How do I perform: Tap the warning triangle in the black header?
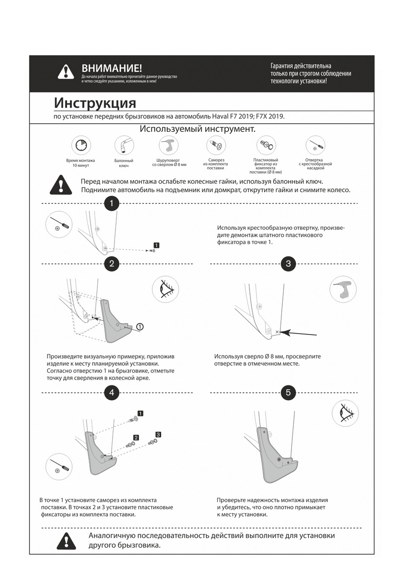point(66,71)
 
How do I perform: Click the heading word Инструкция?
point(95,103)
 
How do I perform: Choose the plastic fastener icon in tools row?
point(266,145)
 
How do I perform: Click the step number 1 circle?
point(111,204)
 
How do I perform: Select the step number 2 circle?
point(111,264)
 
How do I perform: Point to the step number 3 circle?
point(288,264)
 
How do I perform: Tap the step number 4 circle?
point(111,393)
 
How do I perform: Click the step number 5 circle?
point(288,393)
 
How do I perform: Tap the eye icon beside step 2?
point(166,288)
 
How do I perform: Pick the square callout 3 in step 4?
point(158,434)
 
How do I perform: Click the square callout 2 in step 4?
point(136,437)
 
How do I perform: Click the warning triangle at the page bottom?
point(66,541)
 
